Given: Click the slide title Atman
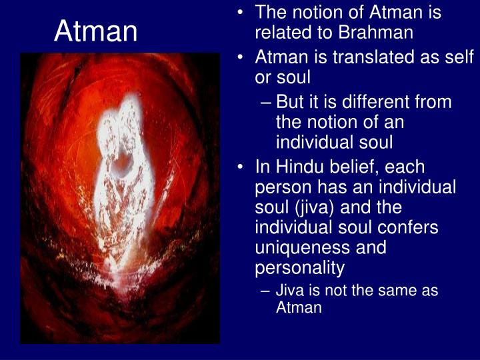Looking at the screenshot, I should pyautogui.click(x=96, y=31).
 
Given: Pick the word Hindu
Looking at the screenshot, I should pyautogui.click(x=292, y=167).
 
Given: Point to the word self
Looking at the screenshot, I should pyautogui.click(x=461, y=58).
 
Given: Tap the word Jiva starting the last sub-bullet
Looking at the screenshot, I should pyautogui.click(x=291, y=291).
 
